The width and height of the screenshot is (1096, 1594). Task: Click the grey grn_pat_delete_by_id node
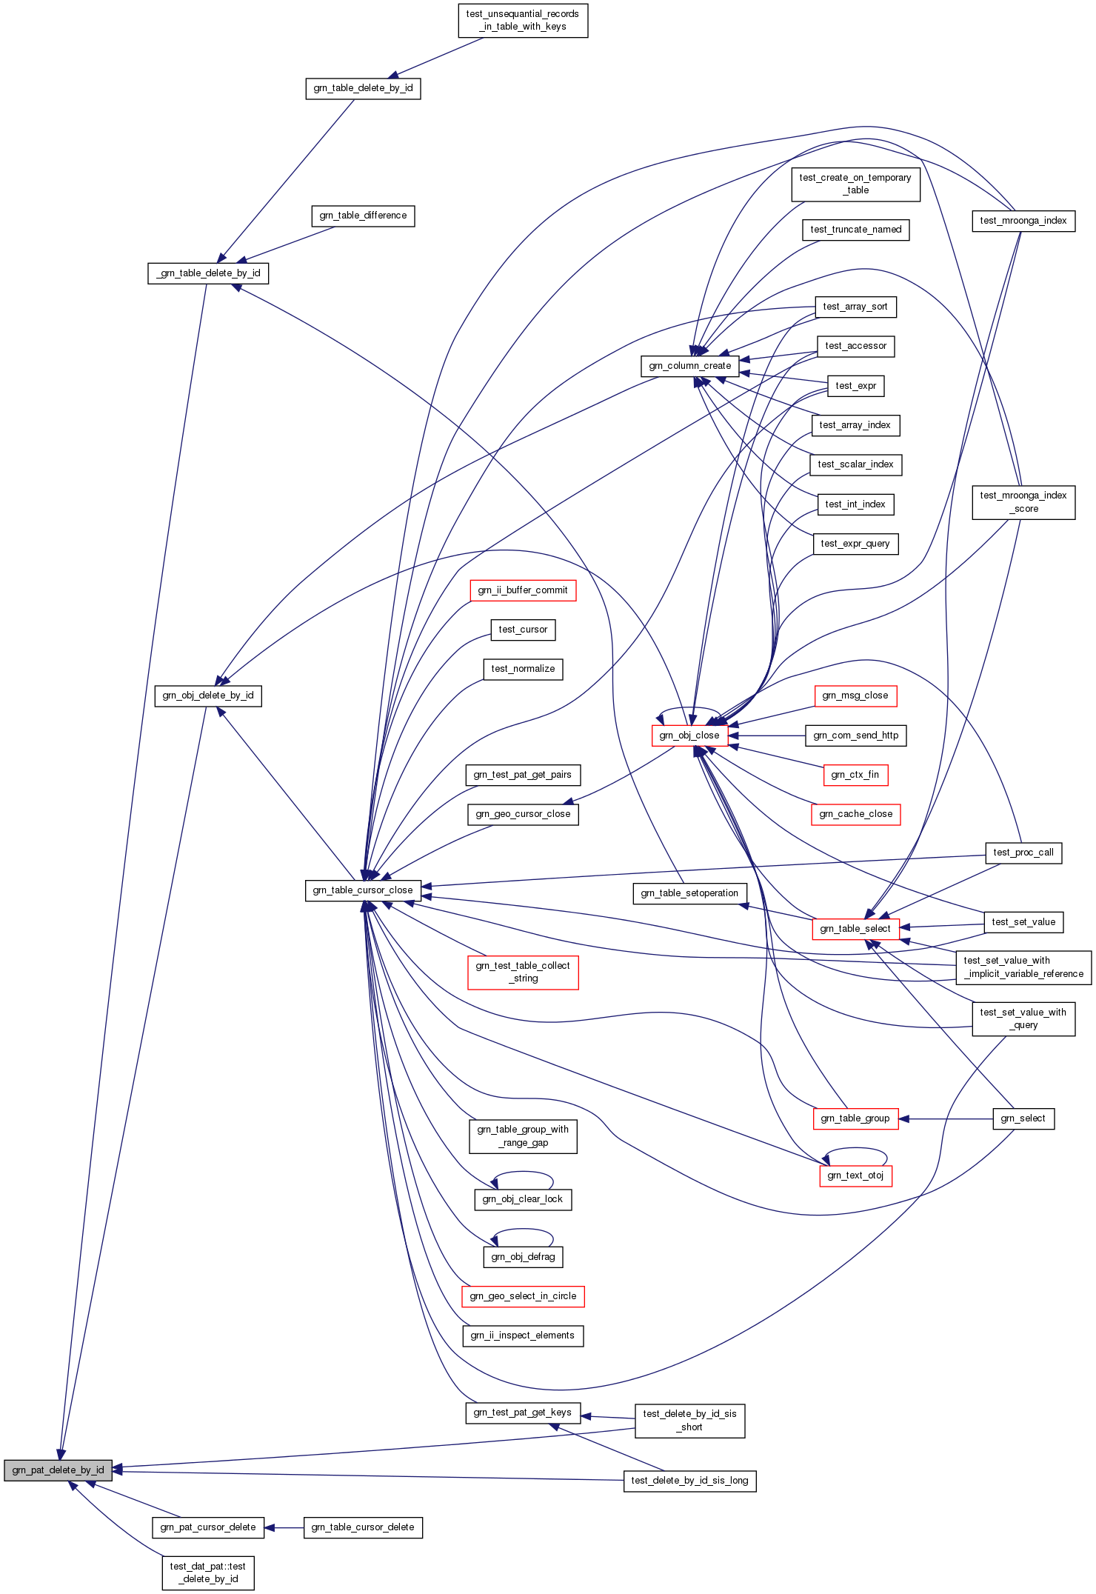[x=58, y=1470]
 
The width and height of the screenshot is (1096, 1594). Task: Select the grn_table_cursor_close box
[x=363, y=890]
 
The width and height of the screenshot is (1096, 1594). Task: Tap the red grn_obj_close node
[x=689, y=736]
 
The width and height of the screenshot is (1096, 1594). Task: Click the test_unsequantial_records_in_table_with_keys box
[x=523, y=20]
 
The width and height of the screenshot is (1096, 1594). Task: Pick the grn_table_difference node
[x=363, y=216]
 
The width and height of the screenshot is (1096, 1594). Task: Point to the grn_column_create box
[x=689, y=366]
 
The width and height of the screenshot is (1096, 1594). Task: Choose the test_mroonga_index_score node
[x=1023, y=502]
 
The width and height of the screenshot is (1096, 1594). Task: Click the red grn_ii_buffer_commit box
[x=523, y=590]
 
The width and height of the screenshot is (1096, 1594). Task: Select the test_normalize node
[x=523, y=669]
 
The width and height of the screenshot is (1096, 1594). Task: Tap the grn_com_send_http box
[x=855, y=736]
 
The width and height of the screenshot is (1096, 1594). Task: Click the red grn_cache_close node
[x=855, y=814]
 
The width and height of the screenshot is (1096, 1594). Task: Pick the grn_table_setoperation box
[x=689, y=893]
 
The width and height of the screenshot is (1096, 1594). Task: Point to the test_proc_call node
[x=1023, y=853]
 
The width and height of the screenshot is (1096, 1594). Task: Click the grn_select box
[x=1023, y=1118]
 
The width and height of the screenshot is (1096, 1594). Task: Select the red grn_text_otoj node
[x=855, y=1176]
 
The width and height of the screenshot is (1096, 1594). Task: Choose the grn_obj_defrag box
[x=523, y=1257]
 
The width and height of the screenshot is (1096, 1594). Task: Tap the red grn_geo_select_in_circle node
[x=523, y=1296]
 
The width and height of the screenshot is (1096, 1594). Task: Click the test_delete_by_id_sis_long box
[x=689, y=1481]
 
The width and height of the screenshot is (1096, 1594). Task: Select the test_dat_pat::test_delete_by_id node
[x=208, y=1573]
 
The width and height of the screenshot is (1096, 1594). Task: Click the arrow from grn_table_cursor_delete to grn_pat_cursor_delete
[x=284, y=1527]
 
